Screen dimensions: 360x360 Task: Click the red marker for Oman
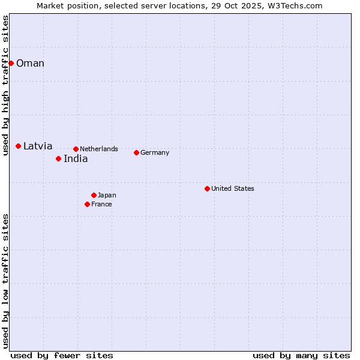click(x=11, y=63)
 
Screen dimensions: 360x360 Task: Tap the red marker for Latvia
click(x=19, y=146)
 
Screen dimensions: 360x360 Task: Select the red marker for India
click(x=58, y=158)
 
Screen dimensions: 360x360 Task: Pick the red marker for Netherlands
click(x=76, y=149)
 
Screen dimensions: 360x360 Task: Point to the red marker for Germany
click(x=136, y=152)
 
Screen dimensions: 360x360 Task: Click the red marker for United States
click(x=207, y=188)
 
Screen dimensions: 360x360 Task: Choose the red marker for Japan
click(x=94, y=195)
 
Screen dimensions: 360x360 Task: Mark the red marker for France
click(x=87, y=204)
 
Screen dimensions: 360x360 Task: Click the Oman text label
click(x=30, y=64)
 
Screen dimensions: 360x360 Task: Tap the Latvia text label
click(x=38, y=146)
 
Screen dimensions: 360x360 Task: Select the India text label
click(x=76, y=159)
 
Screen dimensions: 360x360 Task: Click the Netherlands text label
click(x=99, y=149)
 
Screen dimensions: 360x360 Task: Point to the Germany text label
click(x=155, y=152)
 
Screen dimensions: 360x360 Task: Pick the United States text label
click(x=233, y=188)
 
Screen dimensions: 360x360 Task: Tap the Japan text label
click(x=107, y=195)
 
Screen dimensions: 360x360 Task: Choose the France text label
click(x=101, y=204)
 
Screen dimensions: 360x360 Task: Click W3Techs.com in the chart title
click(x=295, y=5)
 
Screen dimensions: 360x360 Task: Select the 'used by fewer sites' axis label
click(x=62, y=355)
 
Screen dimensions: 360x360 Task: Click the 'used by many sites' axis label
click(x=301, y=355)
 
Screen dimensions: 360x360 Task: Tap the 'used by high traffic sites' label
click(x=5, y=85)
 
